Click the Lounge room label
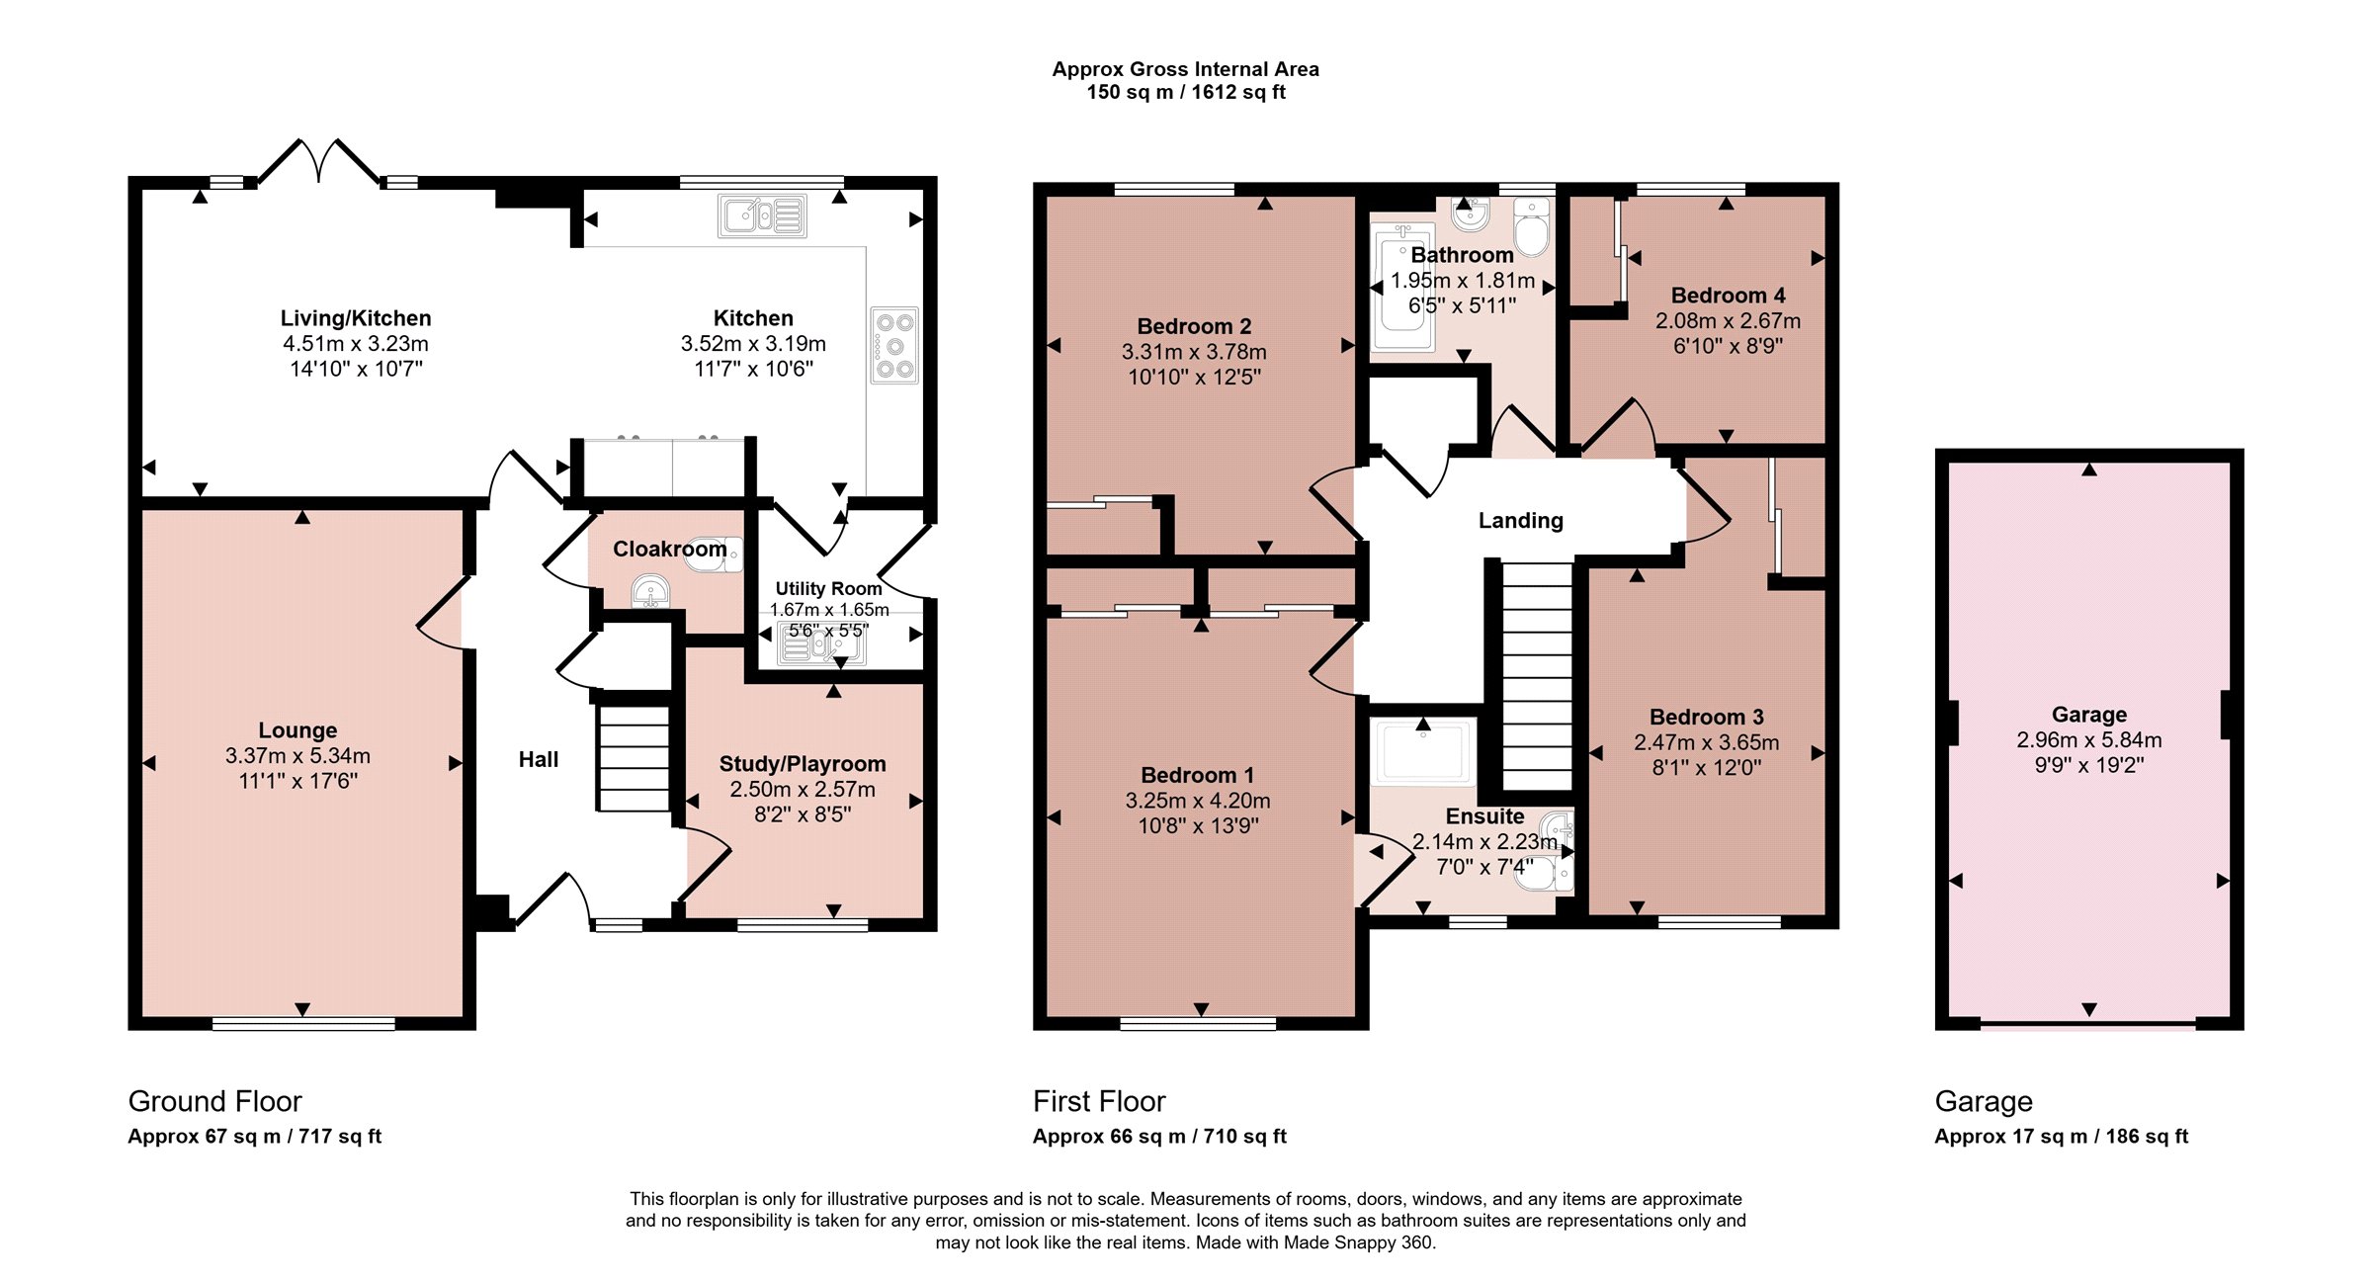[x=297, y=730]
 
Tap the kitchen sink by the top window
[x=762, y=216]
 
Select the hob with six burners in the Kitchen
[x=894, y=346]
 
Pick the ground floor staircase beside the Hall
[x=634, y=756]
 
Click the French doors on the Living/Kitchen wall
[x=318, y=162]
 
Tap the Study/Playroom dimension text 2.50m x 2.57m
[x=803, y=789]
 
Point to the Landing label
[x=1521, y=521]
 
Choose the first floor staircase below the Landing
[x=1537, y=676]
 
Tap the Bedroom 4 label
[x=1728, y=296]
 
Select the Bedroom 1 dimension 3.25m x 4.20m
[x=1198, y=801]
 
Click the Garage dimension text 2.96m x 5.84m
[x=2089, y=740]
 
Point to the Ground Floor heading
[x=214, y=1101]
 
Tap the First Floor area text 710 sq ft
[x=1244, y=1137]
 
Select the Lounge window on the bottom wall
[x=303, y=1024]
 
